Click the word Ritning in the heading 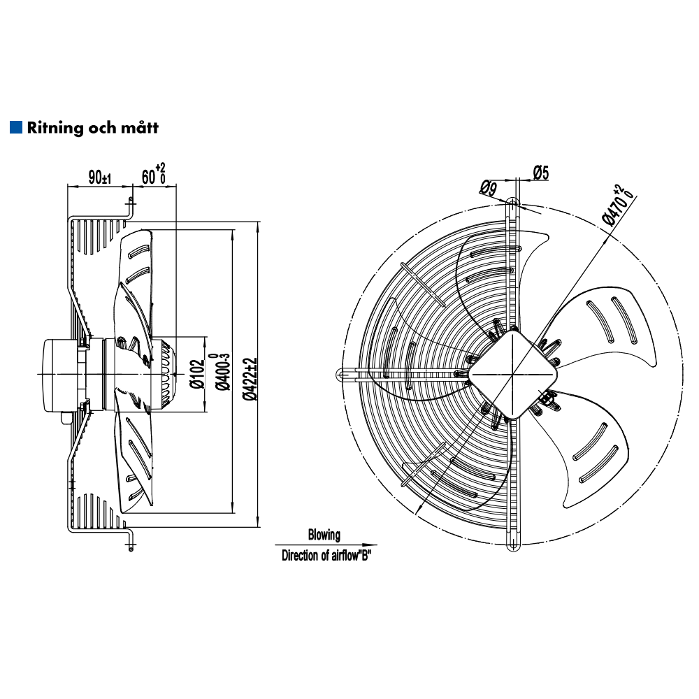[55, 128]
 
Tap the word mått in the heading [140, 128]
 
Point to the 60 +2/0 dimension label [154, 175]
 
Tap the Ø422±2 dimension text [250, 378]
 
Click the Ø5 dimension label [541, 171]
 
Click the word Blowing [324, 535]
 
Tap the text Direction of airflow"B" [325, 556]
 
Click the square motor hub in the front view [514, 373]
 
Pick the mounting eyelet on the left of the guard [340, 375]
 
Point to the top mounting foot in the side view [130, 206]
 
